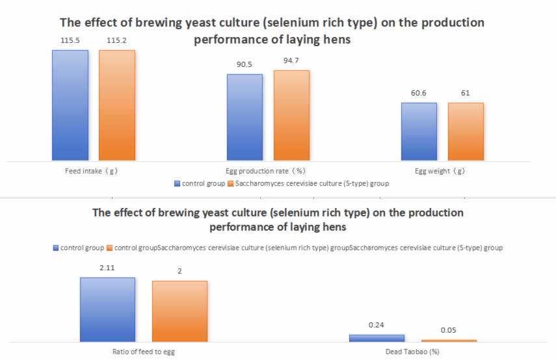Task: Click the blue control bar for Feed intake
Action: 70,105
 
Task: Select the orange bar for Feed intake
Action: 117,105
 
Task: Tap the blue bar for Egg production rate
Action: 245,117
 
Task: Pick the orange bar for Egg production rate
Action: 291,115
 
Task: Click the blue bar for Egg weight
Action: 419,131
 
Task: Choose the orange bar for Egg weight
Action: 466,131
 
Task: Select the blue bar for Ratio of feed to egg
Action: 107,309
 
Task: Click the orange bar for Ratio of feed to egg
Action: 179,311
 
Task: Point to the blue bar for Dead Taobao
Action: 377,338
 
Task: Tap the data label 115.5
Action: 70,40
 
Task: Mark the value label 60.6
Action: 419,93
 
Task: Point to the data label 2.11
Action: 107,268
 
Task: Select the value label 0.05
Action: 449,330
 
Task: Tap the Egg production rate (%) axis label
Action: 268,172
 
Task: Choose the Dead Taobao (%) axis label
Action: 413,352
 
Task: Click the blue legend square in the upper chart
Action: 177,184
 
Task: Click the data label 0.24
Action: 377,325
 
